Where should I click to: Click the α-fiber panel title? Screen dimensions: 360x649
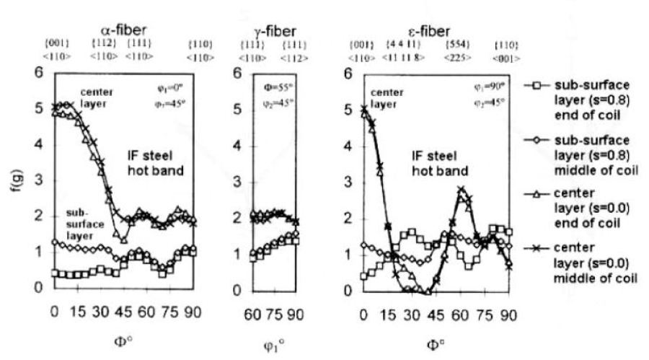click(x=124, y=30)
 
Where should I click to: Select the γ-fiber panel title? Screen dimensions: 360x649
click(x=266, y=30)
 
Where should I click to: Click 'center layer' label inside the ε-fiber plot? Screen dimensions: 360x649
click(x=389, y=100)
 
